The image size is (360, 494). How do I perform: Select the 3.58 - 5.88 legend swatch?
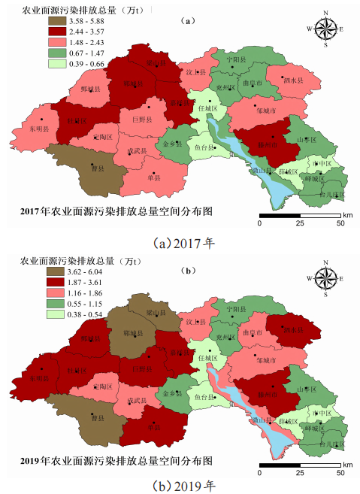pos(31,23)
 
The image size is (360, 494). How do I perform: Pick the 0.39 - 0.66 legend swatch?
pos(31,65)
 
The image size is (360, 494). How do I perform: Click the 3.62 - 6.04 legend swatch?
pos(31,270)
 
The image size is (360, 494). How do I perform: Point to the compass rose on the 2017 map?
pos(325,29)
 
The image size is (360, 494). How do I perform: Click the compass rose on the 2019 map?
pos(325,277)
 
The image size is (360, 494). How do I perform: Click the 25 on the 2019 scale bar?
pos(300,471)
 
